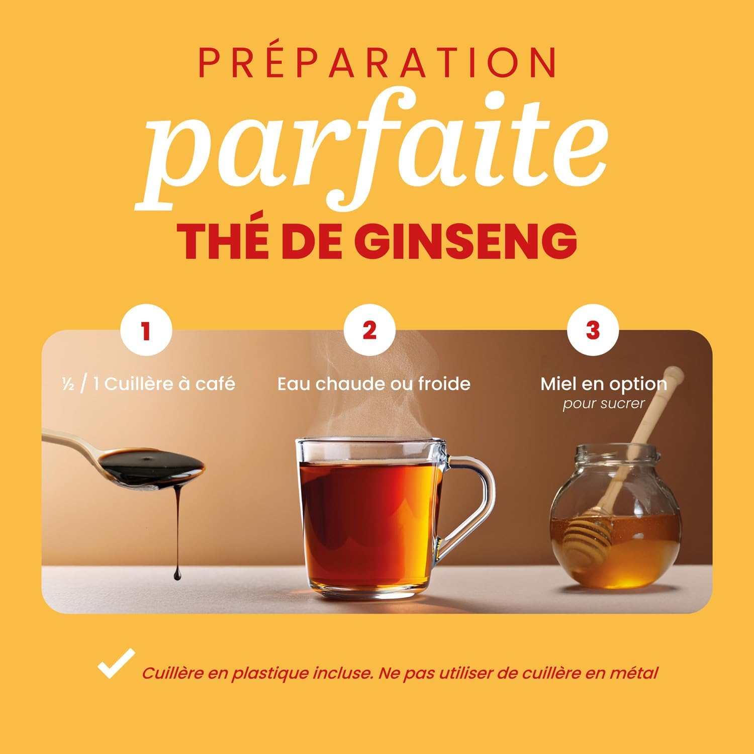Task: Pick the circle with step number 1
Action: [x=146, y=331]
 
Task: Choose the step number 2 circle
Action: [x=369, y=331]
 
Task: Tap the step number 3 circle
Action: [x=593, y=331]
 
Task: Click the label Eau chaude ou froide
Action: [x=374, y=384]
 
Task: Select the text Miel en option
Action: [x=604, y=385]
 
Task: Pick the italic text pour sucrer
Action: [x=603, y=404]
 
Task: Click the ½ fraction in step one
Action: [x=68, y=385]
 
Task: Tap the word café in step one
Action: [x=215, y=384]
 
